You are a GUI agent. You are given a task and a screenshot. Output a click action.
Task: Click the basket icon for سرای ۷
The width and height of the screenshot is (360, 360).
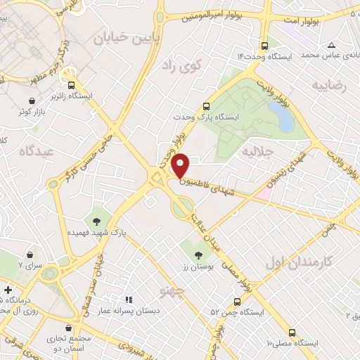tap(30, 255)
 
